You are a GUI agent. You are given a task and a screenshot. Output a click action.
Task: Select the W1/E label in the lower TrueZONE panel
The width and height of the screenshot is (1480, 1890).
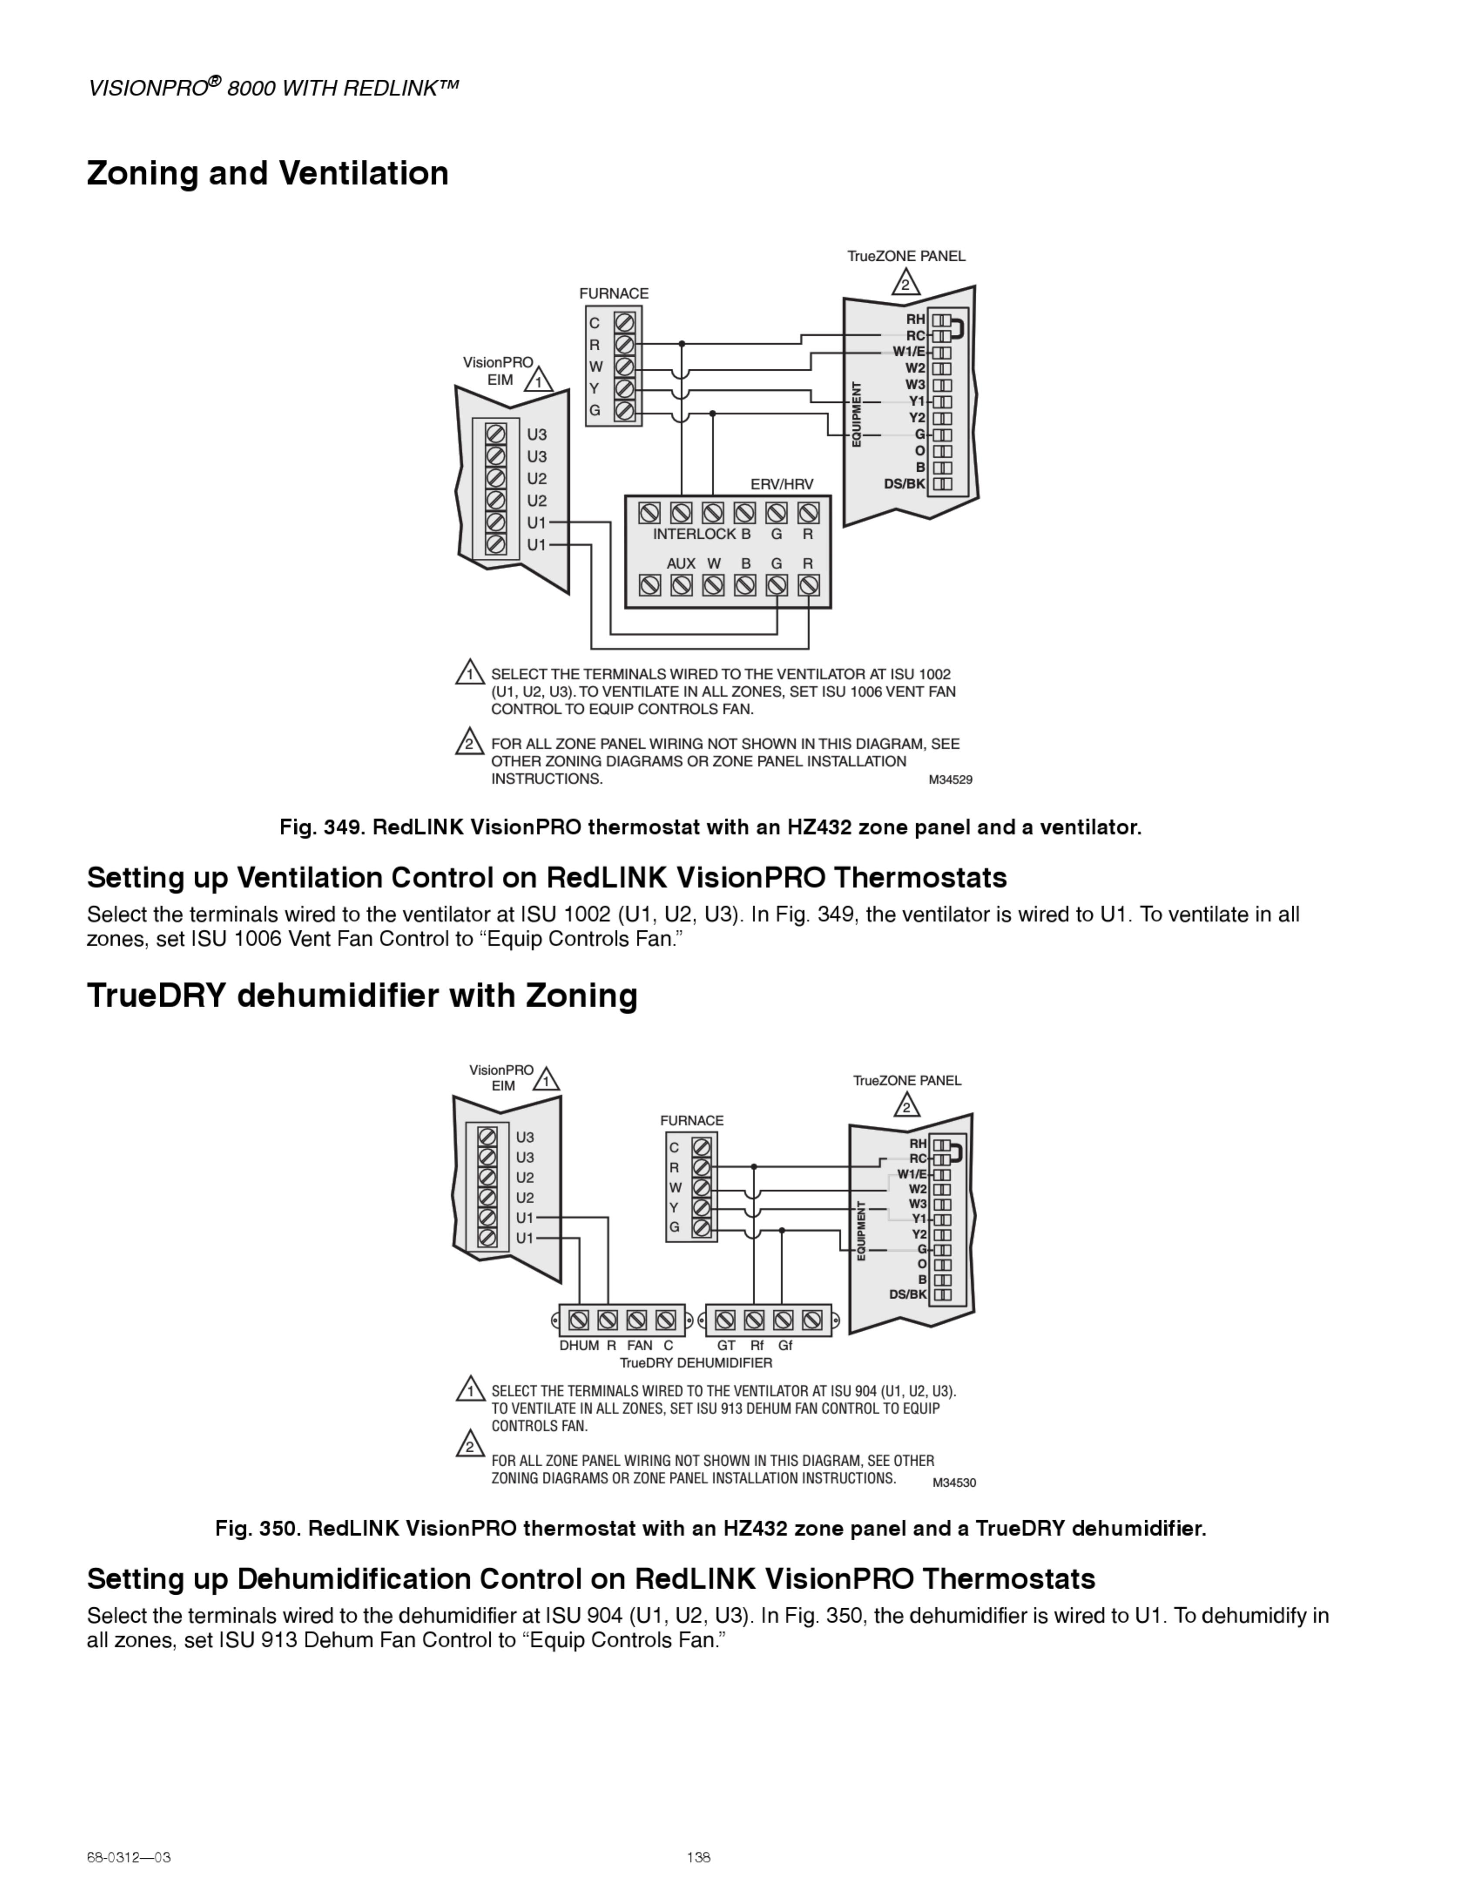(912, 1174)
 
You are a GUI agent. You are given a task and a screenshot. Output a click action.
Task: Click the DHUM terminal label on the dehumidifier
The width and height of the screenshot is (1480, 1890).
(579, 1346)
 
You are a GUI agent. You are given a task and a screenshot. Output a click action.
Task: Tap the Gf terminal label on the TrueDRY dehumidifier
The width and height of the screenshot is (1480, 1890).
(785, 1346)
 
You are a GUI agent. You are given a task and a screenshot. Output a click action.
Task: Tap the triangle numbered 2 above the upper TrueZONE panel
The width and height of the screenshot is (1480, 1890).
(905, 283)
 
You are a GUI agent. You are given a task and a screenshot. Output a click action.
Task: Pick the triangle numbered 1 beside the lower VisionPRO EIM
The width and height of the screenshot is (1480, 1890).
(546, 1081)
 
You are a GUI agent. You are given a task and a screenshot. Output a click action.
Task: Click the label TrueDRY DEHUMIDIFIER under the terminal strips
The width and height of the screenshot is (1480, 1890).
(696, 1363)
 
